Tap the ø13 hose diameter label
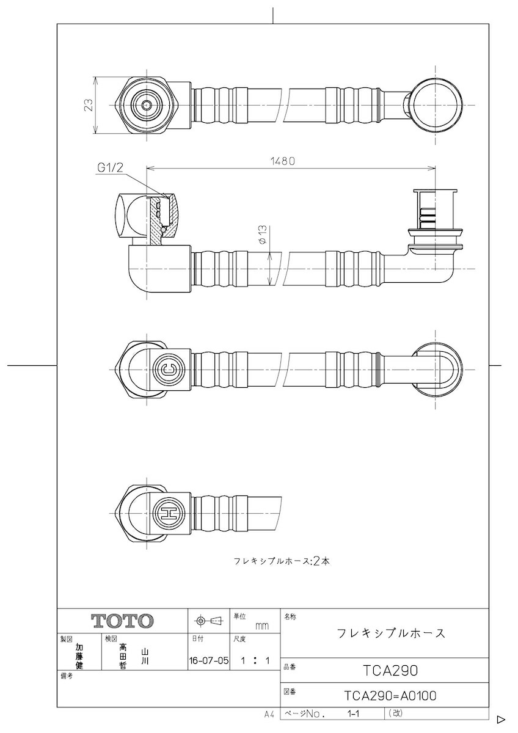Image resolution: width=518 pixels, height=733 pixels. click(x=261, y=235)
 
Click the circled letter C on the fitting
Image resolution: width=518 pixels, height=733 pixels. click(x=168, y=368)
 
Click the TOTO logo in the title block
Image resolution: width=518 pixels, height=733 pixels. click(x=122, y=621)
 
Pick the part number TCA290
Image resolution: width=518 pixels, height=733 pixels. click(x=390, y=670)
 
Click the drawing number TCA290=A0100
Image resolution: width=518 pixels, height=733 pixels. click(x=390, y=696)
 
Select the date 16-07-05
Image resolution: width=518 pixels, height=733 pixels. click(x=209, y=660)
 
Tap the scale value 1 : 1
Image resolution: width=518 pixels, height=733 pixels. click(x=255, y=660)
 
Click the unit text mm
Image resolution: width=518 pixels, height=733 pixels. click(x=261, y=626)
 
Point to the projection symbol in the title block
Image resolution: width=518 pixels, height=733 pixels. click(x=208, y=621)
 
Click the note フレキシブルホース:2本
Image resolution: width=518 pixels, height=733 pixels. click(x=282, y=561)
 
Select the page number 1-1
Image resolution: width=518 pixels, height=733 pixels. click(x=352, y=713)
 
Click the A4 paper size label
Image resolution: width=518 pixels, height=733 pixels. click(x=269, y=713)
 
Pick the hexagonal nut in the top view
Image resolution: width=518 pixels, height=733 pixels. click(x=147, y=105)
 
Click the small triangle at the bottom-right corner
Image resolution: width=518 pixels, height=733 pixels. click(x=500, y=720)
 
